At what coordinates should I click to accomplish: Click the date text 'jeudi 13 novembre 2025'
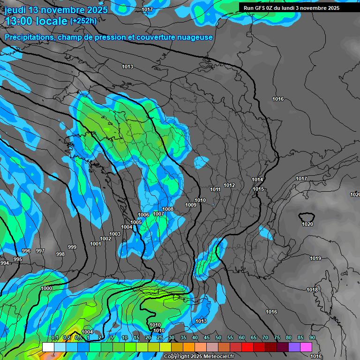point(56,10)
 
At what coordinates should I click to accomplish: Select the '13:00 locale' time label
point(36,21)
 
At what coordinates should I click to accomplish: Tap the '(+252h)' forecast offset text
point(83,21)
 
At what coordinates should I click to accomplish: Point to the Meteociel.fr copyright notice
point(202,356)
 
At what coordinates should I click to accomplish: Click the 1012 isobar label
point(229,186)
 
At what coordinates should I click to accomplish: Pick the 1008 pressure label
point(168,209)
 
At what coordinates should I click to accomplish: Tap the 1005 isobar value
point(136,222)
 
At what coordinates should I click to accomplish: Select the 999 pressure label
point(72,247)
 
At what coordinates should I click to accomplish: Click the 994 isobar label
point(5,263)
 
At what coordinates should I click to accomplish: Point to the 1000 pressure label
point(46,288)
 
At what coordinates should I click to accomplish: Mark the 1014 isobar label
point(257,180)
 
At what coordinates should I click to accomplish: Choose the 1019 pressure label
point(315,259)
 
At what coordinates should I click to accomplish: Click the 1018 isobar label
point(312,290)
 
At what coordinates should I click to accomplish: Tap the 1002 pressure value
point(105,239)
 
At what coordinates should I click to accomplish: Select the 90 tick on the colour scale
point(312,338)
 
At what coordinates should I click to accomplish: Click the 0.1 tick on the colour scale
point(55,338)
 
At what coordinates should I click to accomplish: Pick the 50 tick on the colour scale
point(218,338)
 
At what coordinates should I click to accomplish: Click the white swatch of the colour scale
point(48,347)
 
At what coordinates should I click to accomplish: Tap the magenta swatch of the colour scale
point(306,347)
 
